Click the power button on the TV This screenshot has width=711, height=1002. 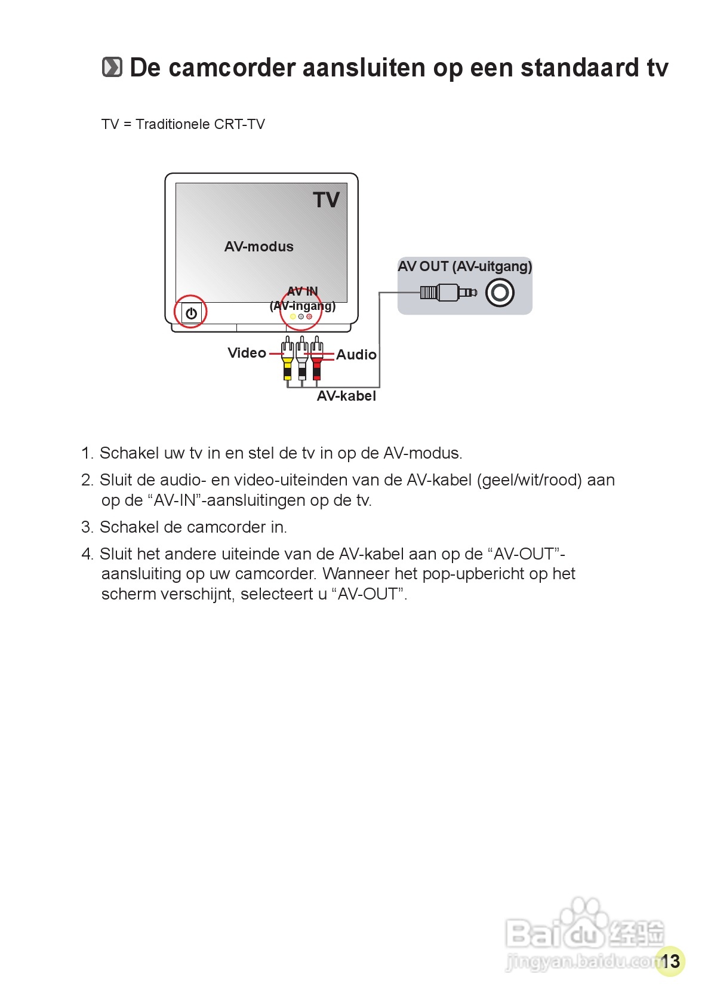(192, 313)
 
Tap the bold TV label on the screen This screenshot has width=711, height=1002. (326, 200)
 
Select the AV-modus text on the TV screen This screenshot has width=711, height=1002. (258, 247)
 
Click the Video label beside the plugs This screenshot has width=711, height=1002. (247, 353)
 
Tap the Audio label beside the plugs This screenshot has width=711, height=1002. (356, 355)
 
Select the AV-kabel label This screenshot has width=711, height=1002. (346, 396)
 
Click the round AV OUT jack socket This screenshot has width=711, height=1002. (500, 293)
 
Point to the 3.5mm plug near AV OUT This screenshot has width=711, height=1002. (448, 293)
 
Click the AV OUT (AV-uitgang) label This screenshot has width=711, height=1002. (464, 266)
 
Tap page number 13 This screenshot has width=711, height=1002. (670, 961)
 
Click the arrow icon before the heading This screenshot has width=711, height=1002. (112, 67)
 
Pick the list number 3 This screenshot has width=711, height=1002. (87, 527)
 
